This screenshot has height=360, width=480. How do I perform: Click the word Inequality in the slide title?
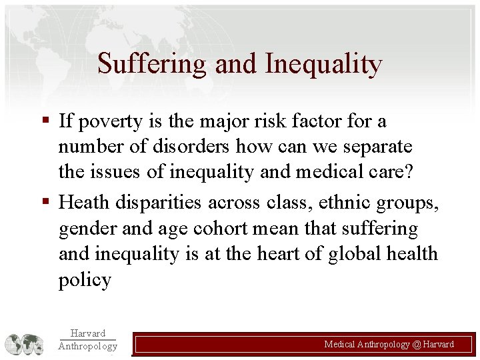coord(323,64)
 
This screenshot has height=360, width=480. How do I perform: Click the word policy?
coord(85,279)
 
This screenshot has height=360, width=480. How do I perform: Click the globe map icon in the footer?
coord(25,344)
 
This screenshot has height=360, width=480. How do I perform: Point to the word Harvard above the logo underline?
coord(87,333)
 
